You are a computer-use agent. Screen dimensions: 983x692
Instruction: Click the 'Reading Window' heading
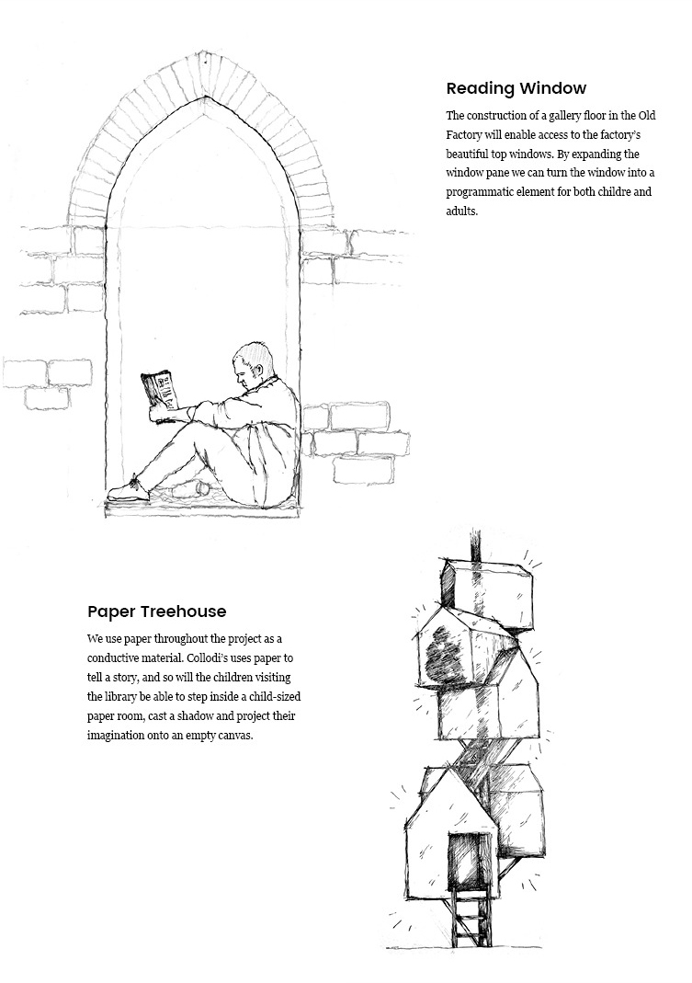[x=516, y=89]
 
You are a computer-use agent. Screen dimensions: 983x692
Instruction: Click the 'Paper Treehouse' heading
[x=156, y=612]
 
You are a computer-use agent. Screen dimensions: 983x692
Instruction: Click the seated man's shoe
[x=128, y=490]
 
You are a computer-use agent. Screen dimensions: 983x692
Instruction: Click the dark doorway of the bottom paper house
[x=464, y=859]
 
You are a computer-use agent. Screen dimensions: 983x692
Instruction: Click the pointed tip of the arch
[x=207, y=97]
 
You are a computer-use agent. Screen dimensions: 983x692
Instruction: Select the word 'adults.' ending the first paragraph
[x=462, y=211]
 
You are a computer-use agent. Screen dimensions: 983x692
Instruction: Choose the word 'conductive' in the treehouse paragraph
[x=115, y=658]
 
